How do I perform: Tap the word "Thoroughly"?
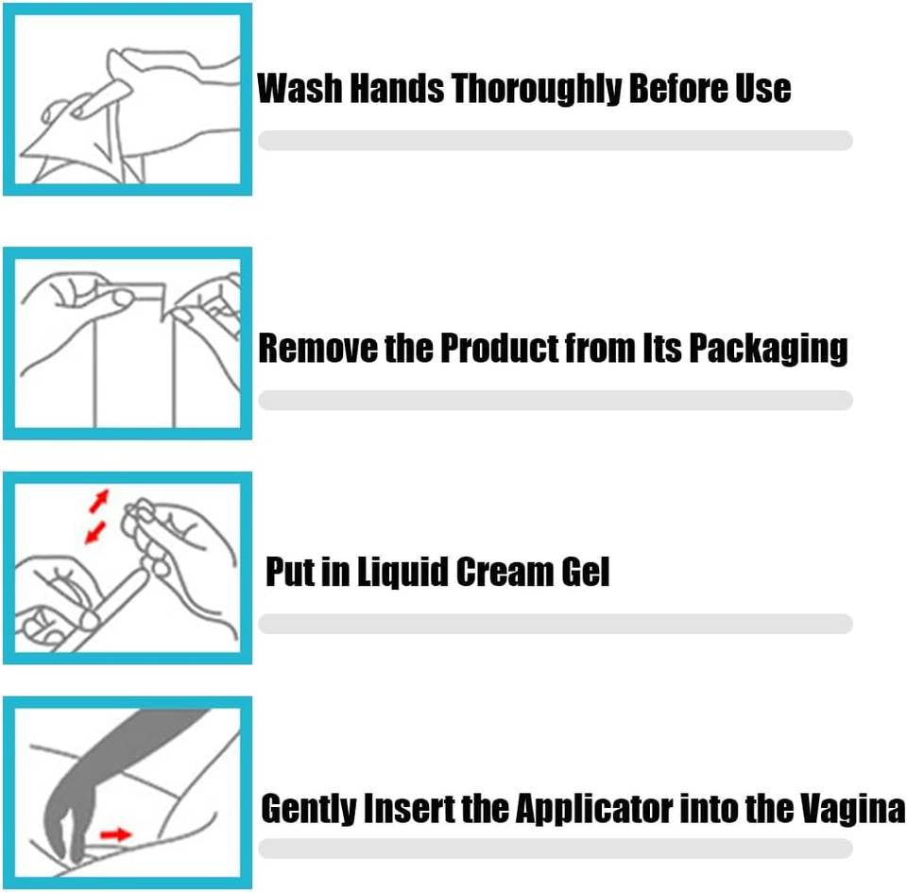pos(536,90)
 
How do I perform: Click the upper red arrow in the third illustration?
pos(99,501)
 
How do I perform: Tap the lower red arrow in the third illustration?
pos(95,533)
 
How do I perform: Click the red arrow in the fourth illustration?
pos(115,834)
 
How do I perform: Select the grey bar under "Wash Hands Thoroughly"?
pos(556,141)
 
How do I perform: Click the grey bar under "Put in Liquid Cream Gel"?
pos(556,624)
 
